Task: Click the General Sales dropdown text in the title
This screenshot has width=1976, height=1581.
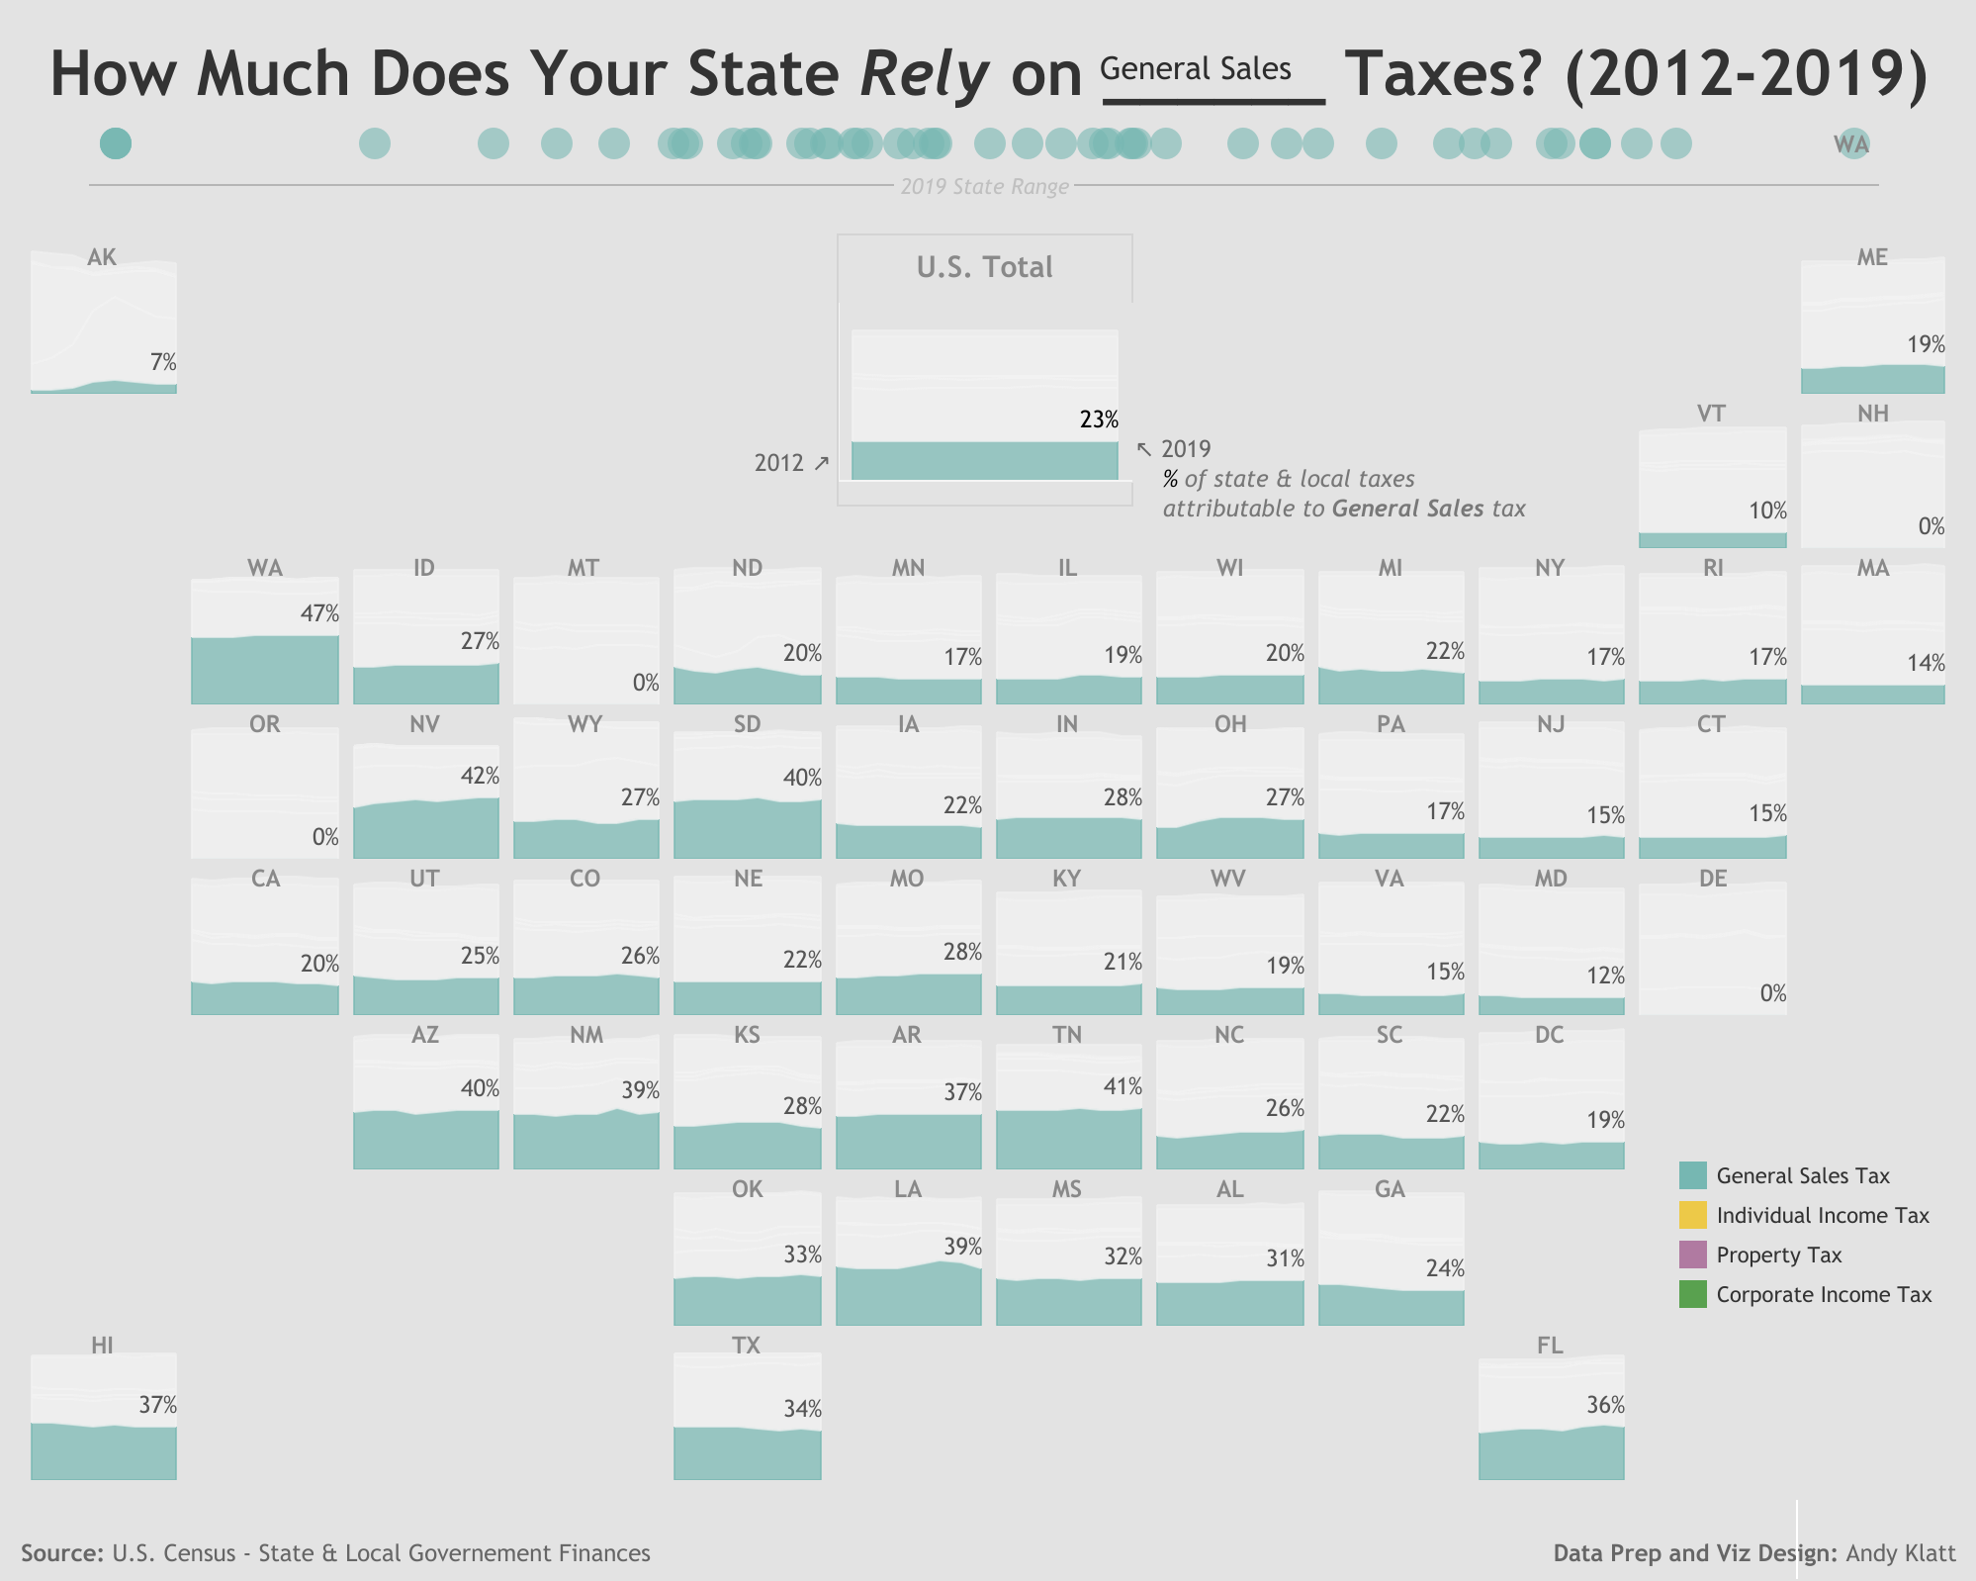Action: click(x=1195, y=69)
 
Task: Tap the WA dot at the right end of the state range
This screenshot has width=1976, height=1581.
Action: click(x=1853, y=144)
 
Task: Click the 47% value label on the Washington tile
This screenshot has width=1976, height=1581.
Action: click(x=319, y=614)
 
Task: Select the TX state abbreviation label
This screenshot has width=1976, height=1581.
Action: click(x=746, y=1345)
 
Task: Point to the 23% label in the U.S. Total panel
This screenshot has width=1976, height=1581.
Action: click(x=1099, y=419)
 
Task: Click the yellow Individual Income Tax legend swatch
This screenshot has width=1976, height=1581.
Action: click(x=1692, y=1215)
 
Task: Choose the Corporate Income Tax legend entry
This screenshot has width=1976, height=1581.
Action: click(x=1823, y=1294)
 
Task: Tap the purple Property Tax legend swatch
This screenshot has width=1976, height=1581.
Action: click(x=1692, y=1255)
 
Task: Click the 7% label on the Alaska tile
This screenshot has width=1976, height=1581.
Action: click(x=163, y=362)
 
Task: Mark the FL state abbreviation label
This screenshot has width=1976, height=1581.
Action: click(x=1550, y=1345)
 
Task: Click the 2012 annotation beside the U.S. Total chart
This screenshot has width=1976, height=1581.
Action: click(x=779, y=462)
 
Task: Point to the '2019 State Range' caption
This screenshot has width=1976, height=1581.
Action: click(x=984, y=186)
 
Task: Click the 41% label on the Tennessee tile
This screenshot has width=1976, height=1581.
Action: click(x=1123, y=1086)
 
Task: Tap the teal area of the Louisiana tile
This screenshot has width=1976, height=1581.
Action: click(x=908, y=1296)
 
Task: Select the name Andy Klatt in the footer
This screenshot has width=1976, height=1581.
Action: click(x=1900, y=1552)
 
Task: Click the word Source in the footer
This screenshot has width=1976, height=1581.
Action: click(x=61, y=1552)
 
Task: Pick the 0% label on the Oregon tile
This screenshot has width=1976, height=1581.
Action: click(x=325, y=837)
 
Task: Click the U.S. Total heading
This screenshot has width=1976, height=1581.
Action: click(x=984, y=267)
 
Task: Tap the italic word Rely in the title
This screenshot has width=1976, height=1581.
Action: click(x=924, y=74)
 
